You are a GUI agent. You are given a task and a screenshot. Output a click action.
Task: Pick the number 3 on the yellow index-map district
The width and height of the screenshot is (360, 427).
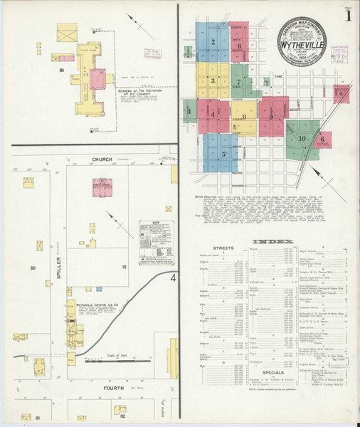click(x=212, y=80)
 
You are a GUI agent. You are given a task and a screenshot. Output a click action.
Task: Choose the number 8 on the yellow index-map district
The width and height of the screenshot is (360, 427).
click(x=243, y=116)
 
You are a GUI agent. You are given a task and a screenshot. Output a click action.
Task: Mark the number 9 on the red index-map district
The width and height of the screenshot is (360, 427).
click(x=271, y=115)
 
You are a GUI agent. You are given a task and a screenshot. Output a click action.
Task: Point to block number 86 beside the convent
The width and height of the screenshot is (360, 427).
click(x=62, y=70)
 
